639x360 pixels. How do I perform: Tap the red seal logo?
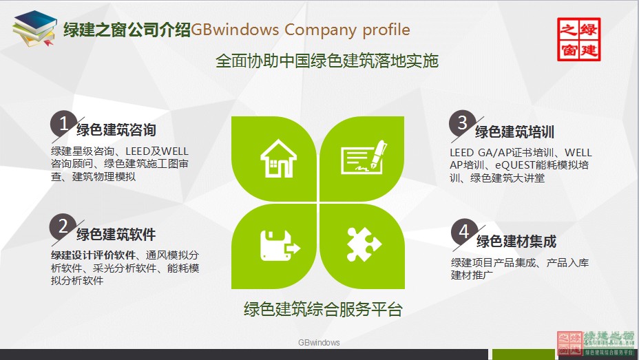click(x=578, y=39)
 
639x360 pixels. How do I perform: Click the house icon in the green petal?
click(x=277, y=159)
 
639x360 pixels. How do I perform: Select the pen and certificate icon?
click(x=364, y=158)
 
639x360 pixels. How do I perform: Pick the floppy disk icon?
click(x=279, y=244)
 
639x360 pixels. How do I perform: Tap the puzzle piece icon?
click(x=363, y=244)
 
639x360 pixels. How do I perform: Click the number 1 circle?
click(x=63, y=125)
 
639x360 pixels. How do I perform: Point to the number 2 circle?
click(x=63, y=226)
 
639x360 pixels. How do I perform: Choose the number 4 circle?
click(x=463, y=232)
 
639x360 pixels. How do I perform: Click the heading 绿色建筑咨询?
click(x=116, y=131)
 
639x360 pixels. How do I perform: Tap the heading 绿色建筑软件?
click(x=116, y=234)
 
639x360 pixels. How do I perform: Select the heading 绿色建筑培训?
click(x=514, y=132)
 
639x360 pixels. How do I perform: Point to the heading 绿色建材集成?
click(x=516, y=242)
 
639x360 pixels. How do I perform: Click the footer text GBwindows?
click(x=319, y=342)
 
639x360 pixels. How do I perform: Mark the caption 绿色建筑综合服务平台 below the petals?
click(x=323, y=309)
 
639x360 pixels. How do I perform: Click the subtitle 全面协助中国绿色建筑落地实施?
click(x=327, y=61)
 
